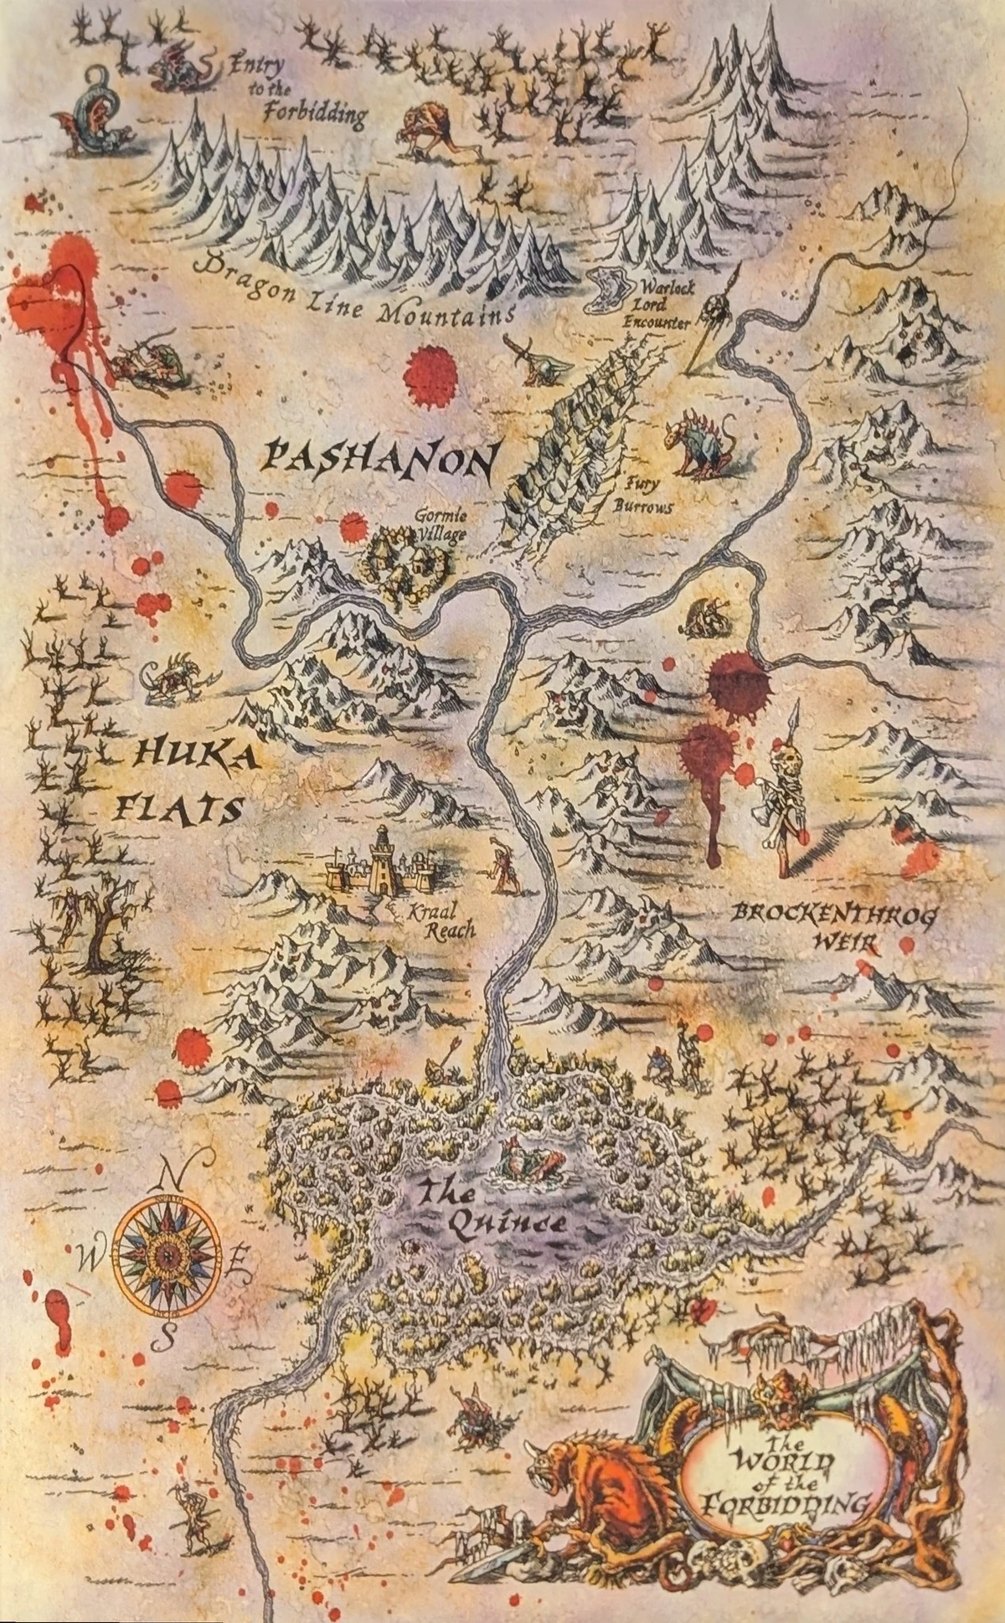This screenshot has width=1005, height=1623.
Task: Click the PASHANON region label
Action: coord(378,460)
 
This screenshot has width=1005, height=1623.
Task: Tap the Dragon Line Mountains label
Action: coord(352,294)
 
